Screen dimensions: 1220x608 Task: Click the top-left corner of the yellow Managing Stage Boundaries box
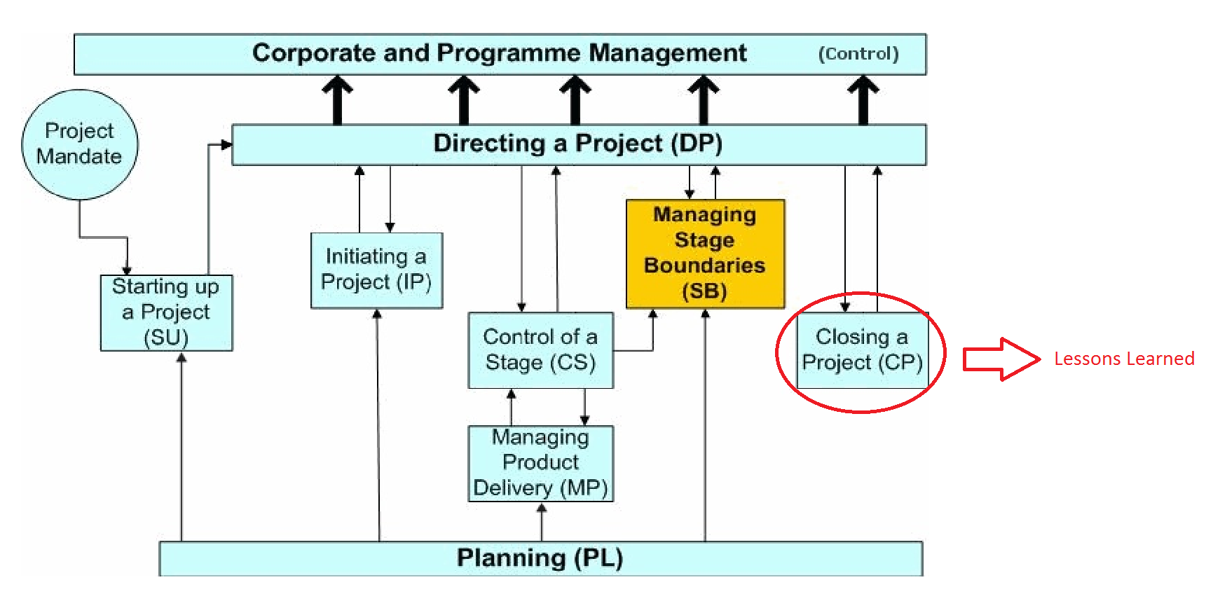[x=626, y=200]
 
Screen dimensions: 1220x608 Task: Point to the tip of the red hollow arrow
[x=1041, y=359]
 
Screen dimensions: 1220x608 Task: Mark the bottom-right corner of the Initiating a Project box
[x=443, y=308]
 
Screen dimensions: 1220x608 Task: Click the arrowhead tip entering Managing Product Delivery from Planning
[x=542, y=504]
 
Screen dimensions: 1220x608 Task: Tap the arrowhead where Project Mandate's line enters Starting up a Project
[x=127, y=275]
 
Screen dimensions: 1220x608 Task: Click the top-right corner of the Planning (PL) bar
[x=922, y=542]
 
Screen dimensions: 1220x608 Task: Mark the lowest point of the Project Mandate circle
[x=79, y=200]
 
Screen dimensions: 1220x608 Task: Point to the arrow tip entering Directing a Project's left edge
[x=232, y=145]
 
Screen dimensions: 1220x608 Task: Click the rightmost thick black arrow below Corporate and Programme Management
[x=863, y=100]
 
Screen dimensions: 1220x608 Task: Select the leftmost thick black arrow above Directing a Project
[x=338, y=100]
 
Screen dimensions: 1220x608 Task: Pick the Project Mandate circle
[x=80, y=145]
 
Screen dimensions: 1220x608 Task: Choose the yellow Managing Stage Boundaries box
[x=706, y=254]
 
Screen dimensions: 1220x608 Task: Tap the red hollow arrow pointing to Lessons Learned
[x=1002, y=359]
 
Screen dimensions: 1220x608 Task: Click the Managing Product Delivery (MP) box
[x=541, y=464]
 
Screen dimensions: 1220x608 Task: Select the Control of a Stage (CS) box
[x=541, y=350]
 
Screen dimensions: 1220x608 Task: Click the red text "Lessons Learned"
[x=1124, y=359]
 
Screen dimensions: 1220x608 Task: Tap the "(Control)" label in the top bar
[x=858, y=54]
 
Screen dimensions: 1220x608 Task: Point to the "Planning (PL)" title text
[x=540, y=558]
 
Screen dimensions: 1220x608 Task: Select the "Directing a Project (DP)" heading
[x=578, y=144]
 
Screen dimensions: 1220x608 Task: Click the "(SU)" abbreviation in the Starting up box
[x=166, y=338]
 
